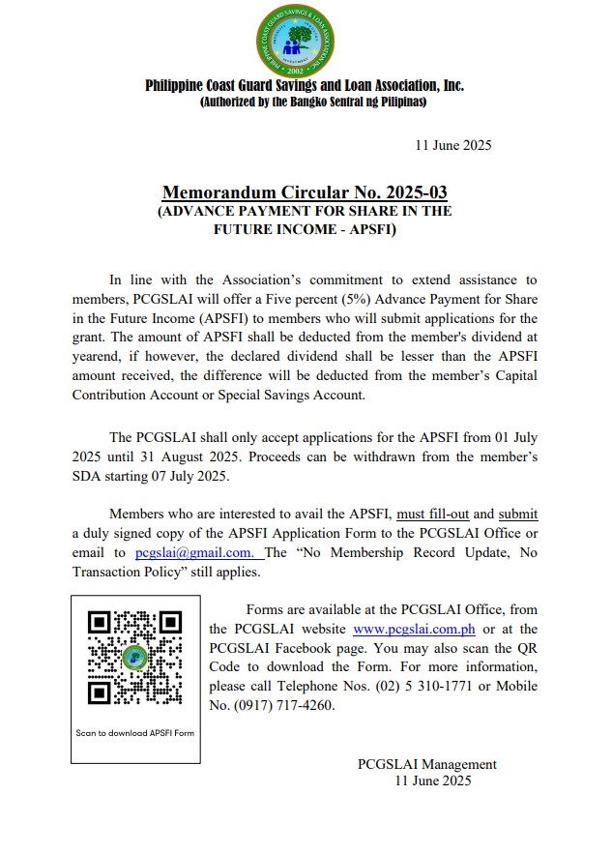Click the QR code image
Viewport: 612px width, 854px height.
click(134, 657)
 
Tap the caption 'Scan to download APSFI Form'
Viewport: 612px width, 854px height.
click(135, 732)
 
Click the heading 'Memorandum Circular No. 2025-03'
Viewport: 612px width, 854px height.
click(305, 191)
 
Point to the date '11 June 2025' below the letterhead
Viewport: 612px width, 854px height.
click(452, 146)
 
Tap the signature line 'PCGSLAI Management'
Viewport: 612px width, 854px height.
click(426, 764)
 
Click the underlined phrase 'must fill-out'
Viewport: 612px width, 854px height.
click(431, 514)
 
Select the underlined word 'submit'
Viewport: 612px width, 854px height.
click(517, 514)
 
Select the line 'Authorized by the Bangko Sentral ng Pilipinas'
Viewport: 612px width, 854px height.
click(305, 102)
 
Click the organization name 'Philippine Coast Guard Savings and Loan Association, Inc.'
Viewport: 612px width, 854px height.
click(305, 85)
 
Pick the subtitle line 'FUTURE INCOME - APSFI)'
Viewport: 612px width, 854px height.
click(305, 230)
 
